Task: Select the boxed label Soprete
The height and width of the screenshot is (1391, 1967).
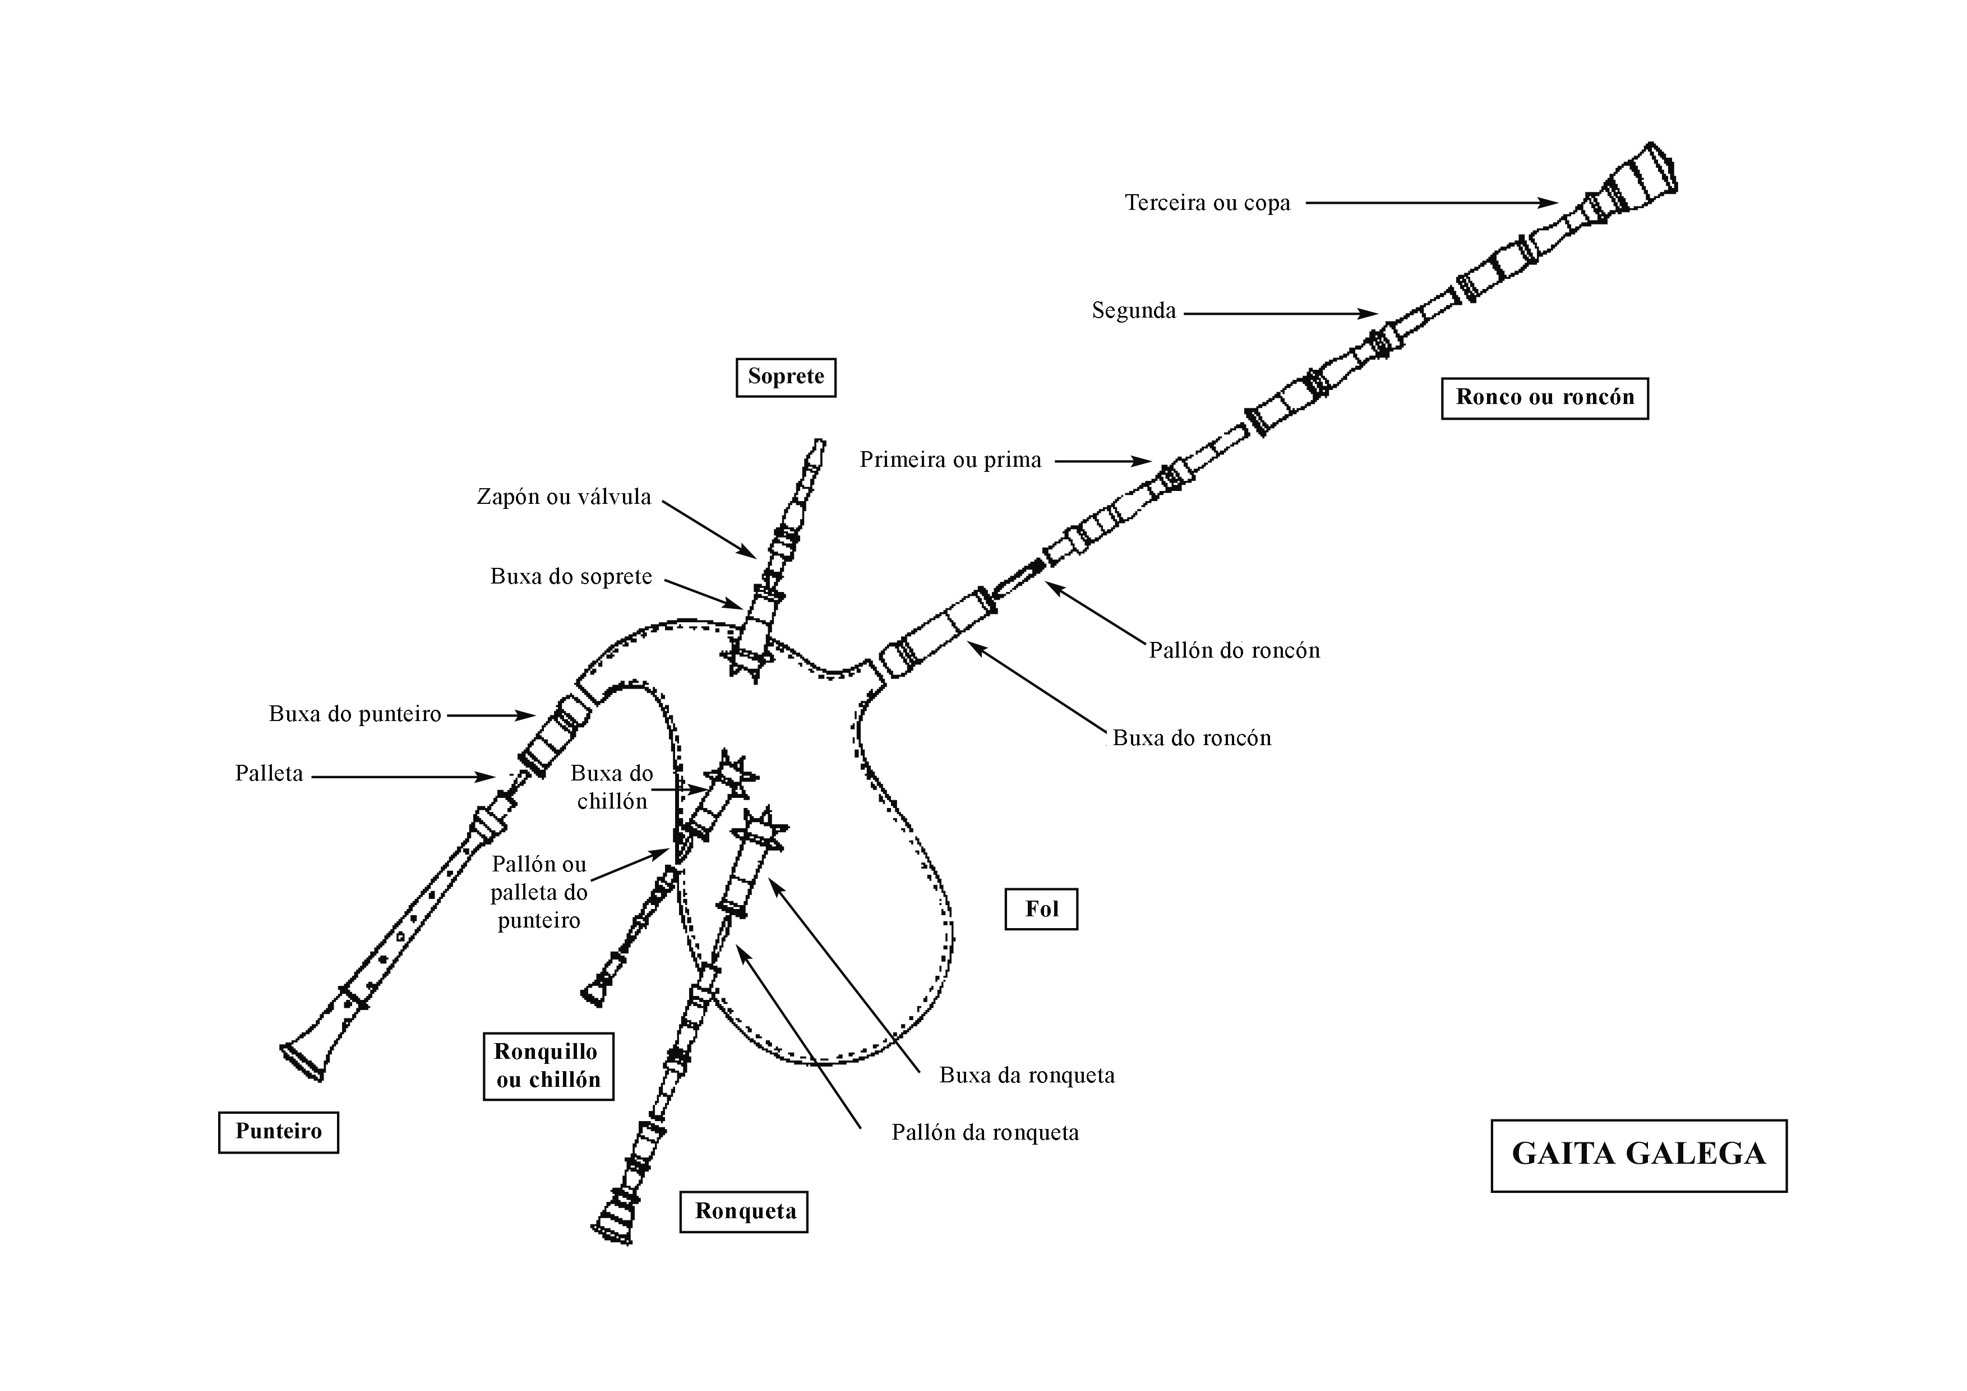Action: point(786,377)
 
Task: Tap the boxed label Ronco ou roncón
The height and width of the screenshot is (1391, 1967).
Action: point(1545,398)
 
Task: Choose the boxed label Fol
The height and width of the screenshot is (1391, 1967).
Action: point(1041,910)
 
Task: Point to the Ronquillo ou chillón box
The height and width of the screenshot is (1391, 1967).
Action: point(548,1066)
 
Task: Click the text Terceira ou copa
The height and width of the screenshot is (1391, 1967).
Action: point(1207,203)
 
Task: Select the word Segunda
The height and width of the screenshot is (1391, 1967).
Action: point(1133,310)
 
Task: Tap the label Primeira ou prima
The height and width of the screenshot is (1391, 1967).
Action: point(950,460)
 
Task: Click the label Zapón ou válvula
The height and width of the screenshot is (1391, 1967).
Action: point(564,497)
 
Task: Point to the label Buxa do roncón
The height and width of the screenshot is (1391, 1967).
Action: point(1192,738)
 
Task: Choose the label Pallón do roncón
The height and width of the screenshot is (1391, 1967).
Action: point(1234,650)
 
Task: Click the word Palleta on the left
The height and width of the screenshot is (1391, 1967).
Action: point(269,774)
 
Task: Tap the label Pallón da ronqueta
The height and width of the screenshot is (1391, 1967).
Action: point(985,1133)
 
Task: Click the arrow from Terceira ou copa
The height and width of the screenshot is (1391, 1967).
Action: point(1431,203)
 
